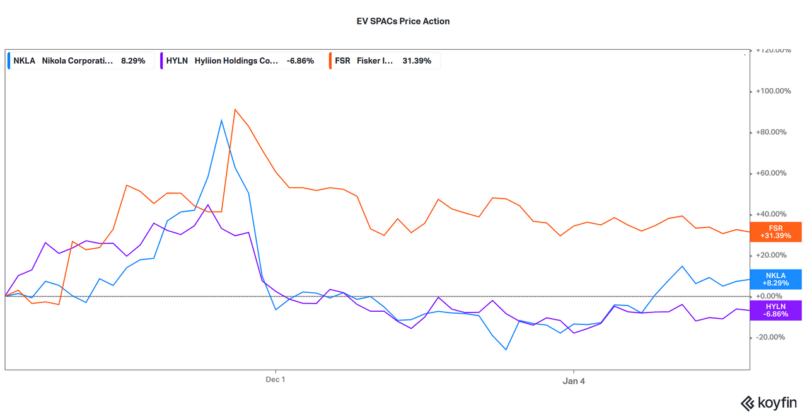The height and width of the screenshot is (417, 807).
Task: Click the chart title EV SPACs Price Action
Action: (x=403, y=21)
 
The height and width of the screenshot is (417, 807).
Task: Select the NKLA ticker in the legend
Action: (x=24, y=61)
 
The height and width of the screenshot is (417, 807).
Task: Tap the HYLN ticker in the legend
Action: (x=177, y=61)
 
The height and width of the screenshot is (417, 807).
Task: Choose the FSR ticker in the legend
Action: (x=344, y=61)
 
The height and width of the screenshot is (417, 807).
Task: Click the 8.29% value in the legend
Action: (x=133, y=61)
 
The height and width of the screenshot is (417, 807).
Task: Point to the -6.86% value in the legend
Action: (x=300, y=61)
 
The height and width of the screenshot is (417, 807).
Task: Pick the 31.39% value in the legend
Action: (x=417, y=61)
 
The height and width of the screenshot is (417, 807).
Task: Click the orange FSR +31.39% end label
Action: (x=775, y=232)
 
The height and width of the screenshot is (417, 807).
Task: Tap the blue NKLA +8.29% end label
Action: (x=775, y=279)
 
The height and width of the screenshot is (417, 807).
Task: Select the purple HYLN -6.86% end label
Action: (x=775, y=309)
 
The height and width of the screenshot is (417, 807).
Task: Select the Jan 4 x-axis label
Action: (x=574, y=380)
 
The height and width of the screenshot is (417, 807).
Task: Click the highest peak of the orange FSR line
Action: (x=235, y=109)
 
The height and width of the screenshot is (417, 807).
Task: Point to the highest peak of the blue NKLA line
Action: (x=221, y=120)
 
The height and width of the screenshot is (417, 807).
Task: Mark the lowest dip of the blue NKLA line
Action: (x=506, y=350)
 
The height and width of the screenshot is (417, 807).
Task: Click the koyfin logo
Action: (x=768, y=403)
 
